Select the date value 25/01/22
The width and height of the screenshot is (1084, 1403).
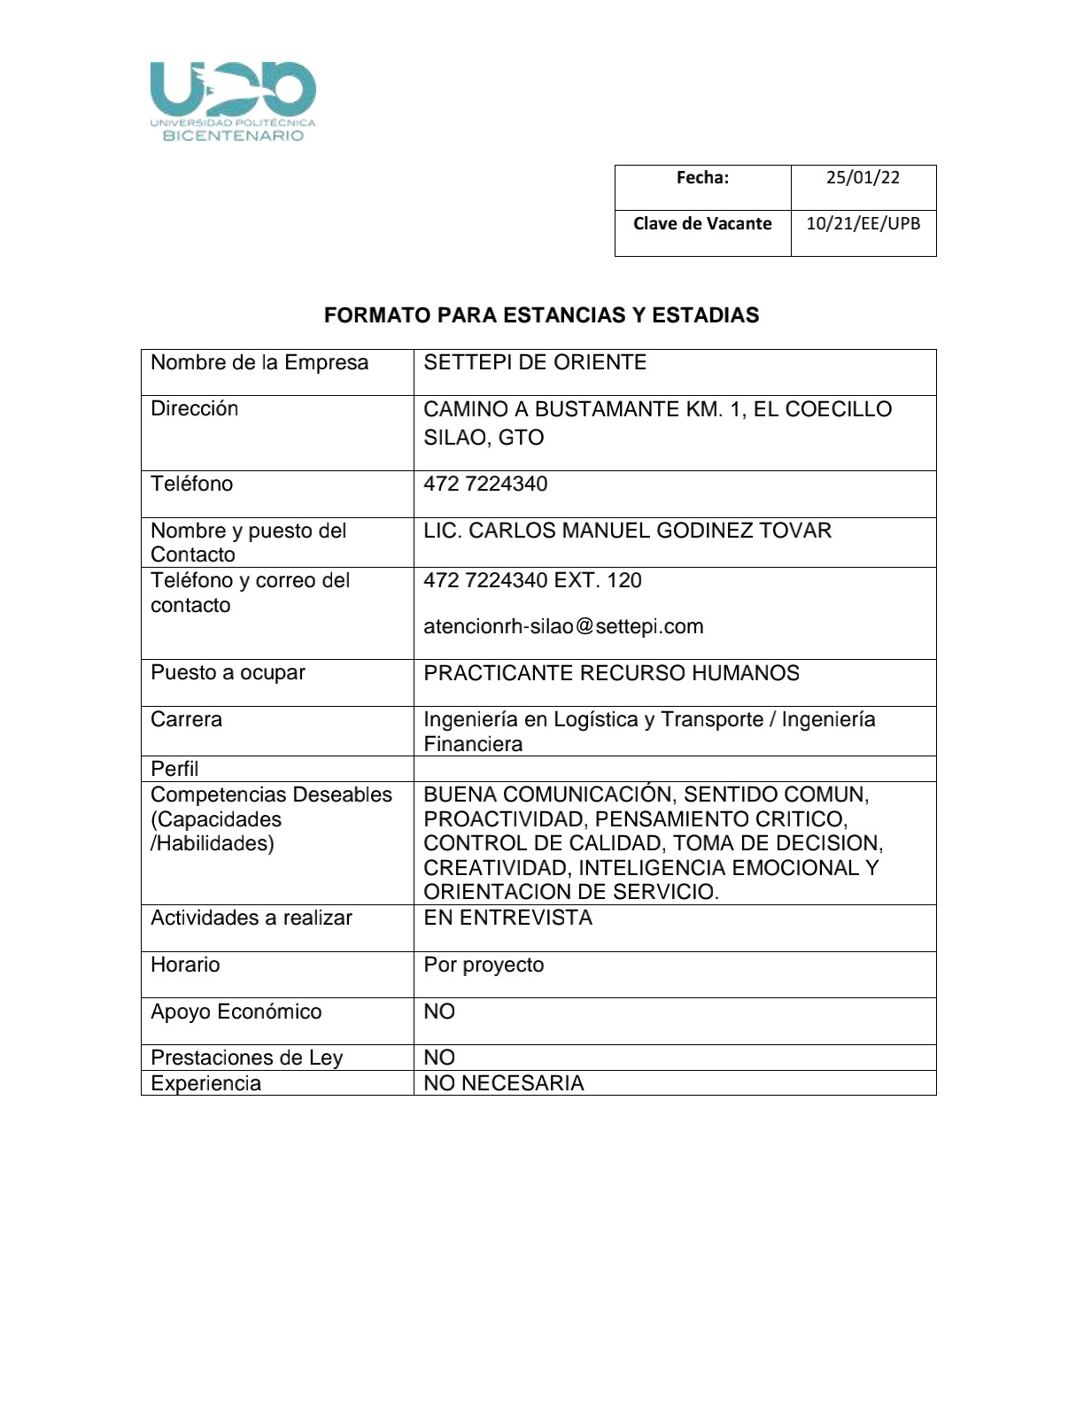pyautogui.click(x=863, y=177)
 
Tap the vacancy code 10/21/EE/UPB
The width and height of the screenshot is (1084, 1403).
pyautogui.click(x=863, y=223)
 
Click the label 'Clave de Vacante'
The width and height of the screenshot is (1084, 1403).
pyautogui.click(x=702, y=223)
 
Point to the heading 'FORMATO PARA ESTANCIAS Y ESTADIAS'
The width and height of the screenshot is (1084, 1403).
pyautogui.click(x=541, y=315)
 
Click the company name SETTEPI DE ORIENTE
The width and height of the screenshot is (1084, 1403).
pyautogui.click(x=535, y=362)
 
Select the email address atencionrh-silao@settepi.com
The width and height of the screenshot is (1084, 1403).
pyautogui.click(x=563, y=626)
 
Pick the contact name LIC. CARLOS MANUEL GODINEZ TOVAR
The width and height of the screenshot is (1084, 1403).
pyautogui.click(x=627, y=531)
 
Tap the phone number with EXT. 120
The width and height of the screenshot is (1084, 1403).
pyautogui.click(x=532, y=580)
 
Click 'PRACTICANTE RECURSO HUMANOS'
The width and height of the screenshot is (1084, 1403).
pyautogui.click(x=611, y=673)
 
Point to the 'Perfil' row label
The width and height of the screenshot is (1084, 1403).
pyautogui.click(x=174, y=768)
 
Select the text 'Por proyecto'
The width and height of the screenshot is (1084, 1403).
pyautogui.click(x=484, y=965)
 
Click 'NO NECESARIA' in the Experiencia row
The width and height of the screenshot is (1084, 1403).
pyautogui.click(x=503, y=1083)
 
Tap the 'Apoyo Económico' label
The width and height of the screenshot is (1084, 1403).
pyautogui.click(x=236, y=1012)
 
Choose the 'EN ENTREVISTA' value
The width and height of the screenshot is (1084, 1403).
pyautogui.click(x=507, y=918)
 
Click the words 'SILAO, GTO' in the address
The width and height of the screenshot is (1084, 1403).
pyautogui.click(x=484, y=438)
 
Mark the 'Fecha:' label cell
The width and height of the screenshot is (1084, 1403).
pyautogui.click(x=702, y=177)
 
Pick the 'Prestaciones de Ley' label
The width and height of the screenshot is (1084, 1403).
pyautogui.click(x=246, y=1058)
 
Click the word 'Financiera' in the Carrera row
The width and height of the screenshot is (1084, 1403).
pyautogui.click(x=473, y=744)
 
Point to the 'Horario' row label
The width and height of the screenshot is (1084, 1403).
pyautogui.click(x=185, y=965)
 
